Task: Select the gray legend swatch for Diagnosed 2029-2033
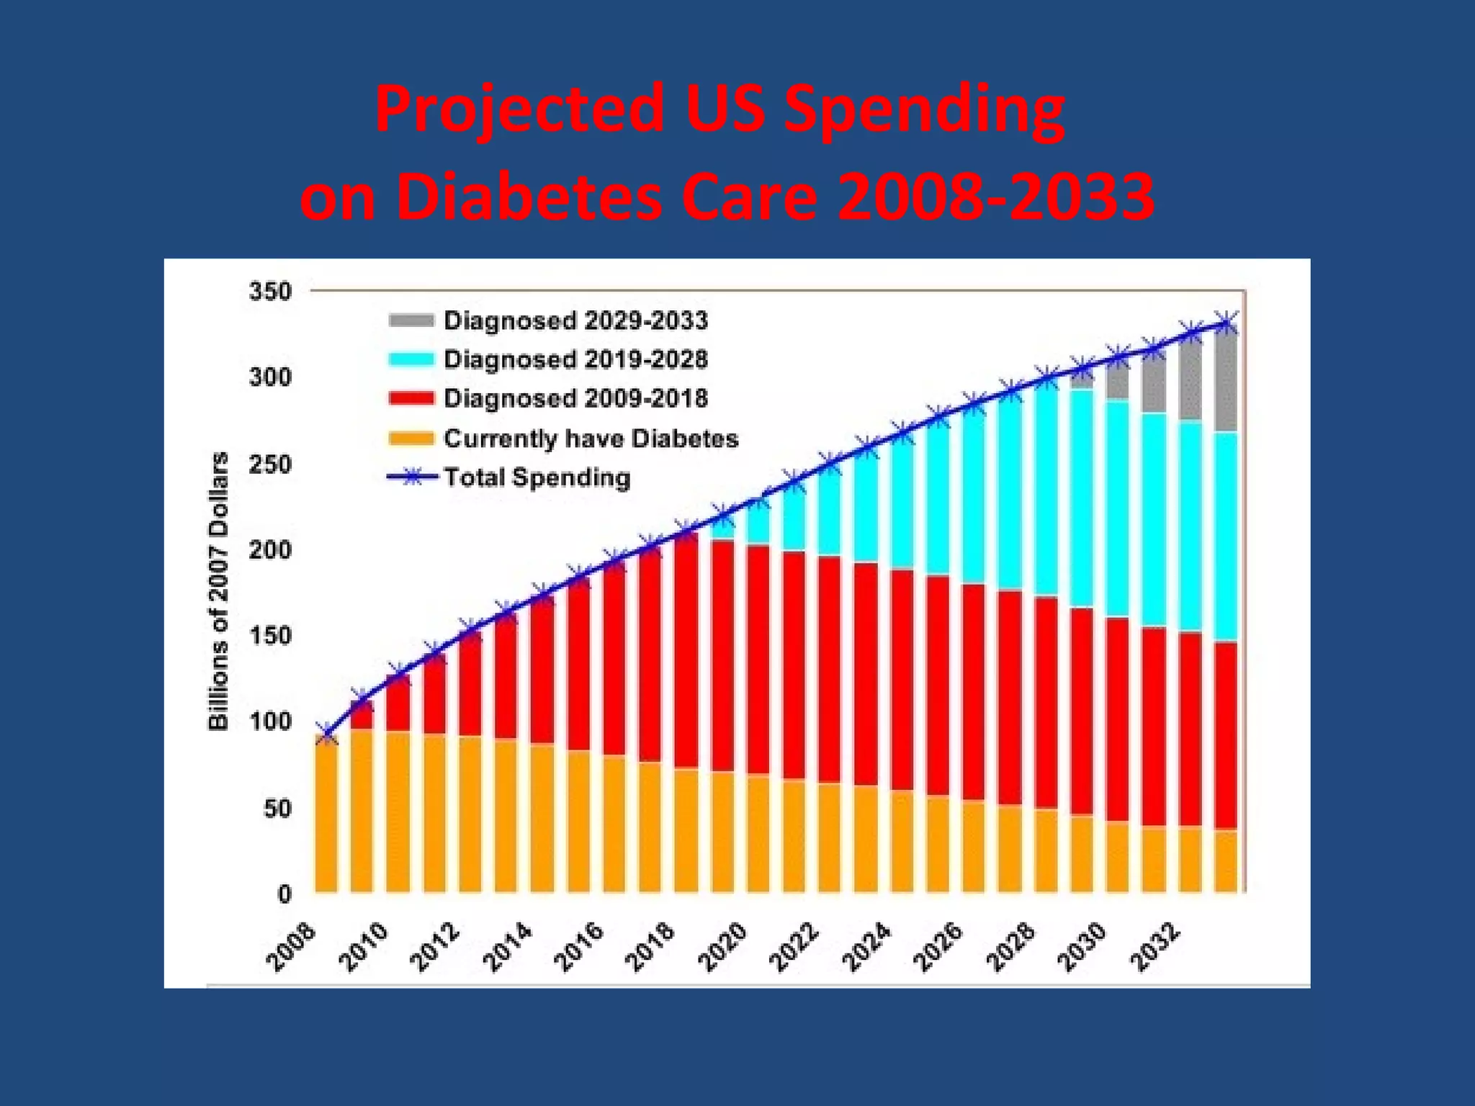[411, 320]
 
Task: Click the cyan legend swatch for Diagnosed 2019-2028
[411, 359]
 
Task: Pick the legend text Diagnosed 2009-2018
[575, 398]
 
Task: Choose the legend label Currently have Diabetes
[591, 438]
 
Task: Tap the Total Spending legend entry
[536, 477]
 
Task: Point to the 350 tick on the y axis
[270, 292]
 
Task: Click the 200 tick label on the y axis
[270, 549]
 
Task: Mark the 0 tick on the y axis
[284, 894]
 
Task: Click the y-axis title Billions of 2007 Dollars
[218, 590]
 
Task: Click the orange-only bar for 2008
[326, 817]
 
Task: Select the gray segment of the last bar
[1226, 382]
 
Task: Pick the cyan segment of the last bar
[1226, 536]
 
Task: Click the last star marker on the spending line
[1226, 323]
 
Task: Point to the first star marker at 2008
[326, 734]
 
